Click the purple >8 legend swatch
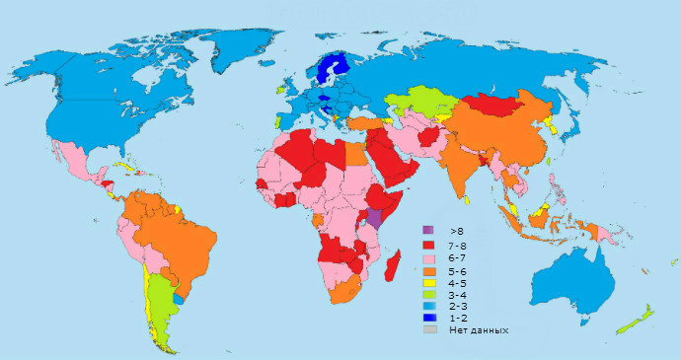tap(428, 230)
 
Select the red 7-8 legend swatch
tap(428, 245)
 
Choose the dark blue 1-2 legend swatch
tap(428, 318)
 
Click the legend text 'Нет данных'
tap(479, 330)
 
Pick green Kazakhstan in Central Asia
tap(415, 101)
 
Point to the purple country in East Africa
tap(375, 218)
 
